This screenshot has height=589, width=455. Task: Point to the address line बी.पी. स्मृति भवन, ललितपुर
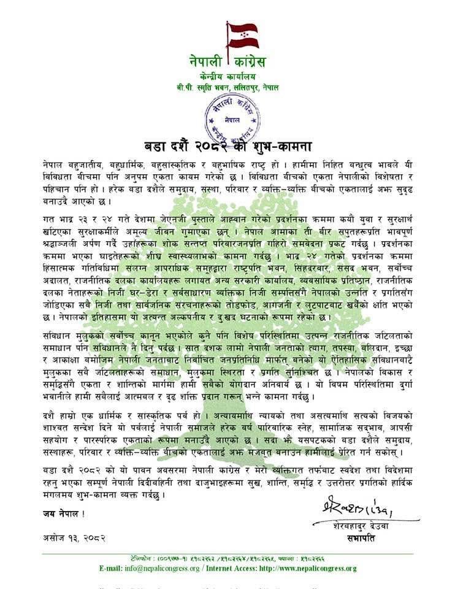(227, 88)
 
